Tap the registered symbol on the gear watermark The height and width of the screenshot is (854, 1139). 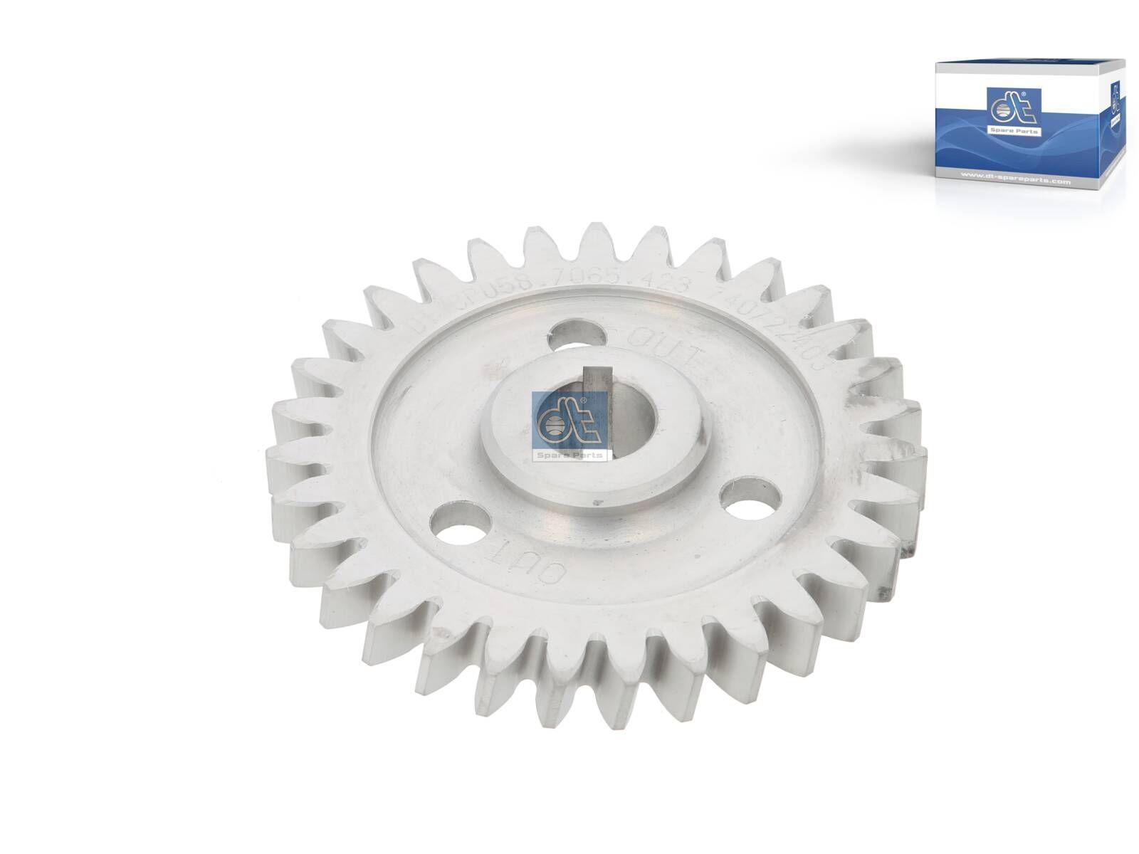(584, 401)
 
